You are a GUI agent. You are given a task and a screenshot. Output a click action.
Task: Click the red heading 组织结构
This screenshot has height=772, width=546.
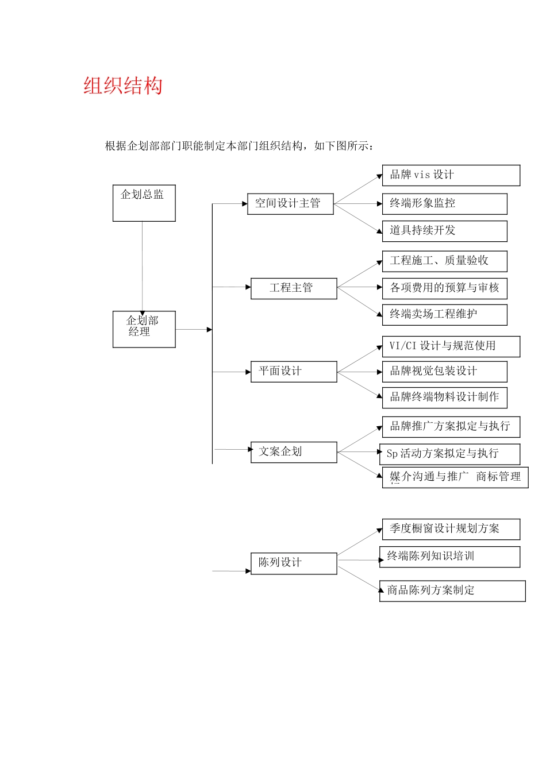[123, 86]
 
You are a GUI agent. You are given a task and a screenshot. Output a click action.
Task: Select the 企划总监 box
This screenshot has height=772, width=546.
[144, 203]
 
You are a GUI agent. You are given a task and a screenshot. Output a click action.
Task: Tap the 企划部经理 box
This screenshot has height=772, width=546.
[144, 329]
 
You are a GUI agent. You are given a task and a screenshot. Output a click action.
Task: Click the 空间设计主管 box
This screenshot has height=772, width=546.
[290, 204]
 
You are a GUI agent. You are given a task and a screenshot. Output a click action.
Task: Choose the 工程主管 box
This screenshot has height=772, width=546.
[294, 288]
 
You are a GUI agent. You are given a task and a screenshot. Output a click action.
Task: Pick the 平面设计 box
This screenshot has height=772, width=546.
[294, 372]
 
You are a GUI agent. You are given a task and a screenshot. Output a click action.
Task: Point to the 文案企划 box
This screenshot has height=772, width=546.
[294, 452]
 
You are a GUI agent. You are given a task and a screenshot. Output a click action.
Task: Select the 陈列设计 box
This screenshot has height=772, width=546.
[294, 563]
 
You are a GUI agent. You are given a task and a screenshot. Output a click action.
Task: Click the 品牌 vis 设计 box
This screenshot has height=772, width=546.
[451, 175]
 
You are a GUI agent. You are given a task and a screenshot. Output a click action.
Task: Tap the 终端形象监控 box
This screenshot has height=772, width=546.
[444, 203]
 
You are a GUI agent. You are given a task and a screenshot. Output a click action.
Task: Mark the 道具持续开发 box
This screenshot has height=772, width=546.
[444, 231]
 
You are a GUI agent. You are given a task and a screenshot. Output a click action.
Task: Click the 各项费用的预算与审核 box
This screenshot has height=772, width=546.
[444, 288]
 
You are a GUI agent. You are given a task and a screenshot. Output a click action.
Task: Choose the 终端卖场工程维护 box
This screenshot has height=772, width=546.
[444, 315]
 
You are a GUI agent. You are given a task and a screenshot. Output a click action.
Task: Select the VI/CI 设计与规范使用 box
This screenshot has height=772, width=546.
[451, 346]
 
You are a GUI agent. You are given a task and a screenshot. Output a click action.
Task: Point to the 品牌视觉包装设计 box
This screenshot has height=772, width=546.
[444, 372]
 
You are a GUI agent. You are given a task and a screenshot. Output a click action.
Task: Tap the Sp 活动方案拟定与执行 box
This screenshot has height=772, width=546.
[449, 454]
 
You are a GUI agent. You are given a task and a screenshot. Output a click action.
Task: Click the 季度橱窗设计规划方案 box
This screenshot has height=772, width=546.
[451, 529]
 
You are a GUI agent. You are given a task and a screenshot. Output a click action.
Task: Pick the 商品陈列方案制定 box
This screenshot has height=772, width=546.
[452, 591]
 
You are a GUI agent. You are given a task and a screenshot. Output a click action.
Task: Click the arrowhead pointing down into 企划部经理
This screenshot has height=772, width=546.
[143, 313]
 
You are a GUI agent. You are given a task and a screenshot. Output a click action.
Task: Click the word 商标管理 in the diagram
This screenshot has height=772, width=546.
[498, 477]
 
